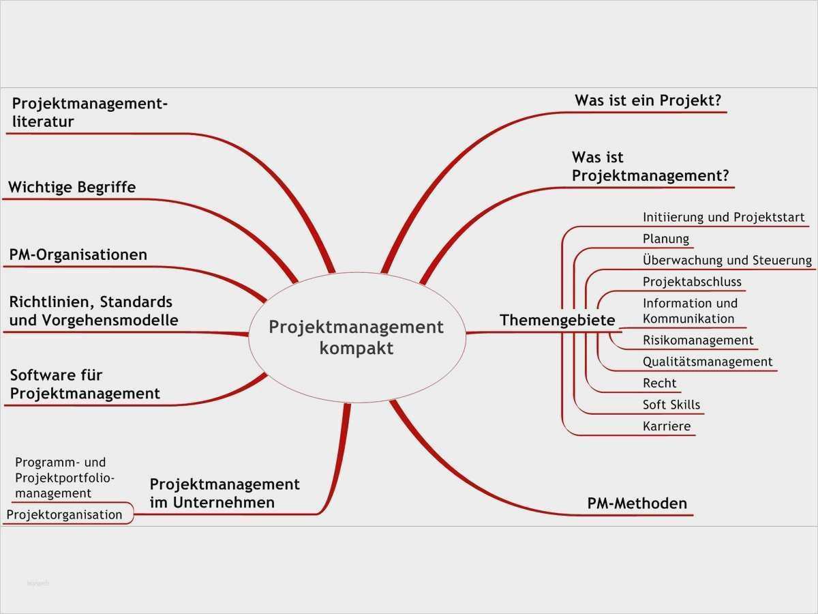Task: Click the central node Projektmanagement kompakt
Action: pos(356,337)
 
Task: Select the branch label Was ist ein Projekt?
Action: pos(648,101)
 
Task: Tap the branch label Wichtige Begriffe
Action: pos(72,187)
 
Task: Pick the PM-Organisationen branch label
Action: pos(78,255)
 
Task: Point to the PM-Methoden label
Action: pos(637,503)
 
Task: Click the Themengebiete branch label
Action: pos(557,320)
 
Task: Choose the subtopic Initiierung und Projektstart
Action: pos(723,218)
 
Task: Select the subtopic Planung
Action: pos(665,239)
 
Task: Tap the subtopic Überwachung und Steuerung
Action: pos(727,260)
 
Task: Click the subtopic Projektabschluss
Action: pos(691,282)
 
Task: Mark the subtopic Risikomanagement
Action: pos(697,340)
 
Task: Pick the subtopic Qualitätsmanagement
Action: pos(707,362)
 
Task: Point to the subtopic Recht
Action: pos(659,383)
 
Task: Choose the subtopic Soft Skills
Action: pos(671,405)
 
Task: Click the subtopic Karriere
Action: pos(666,426)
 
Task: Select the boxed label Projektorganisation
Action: pos(64,514)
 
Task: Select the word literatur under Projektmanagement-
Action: pos(43,122)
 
